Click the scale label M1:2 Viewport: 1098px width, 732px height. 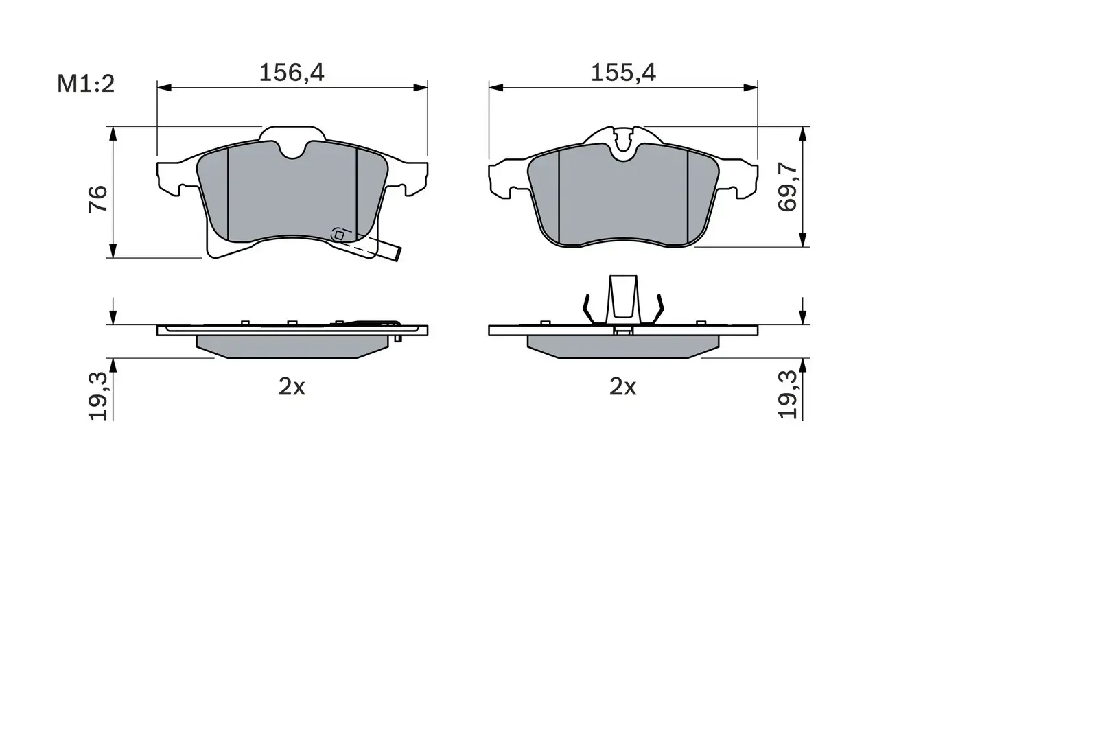click(85, 84)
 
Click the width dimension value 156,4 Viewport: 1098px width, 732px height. click(291, 72)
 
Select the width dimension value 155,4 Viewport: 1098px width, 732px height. click(623, 72)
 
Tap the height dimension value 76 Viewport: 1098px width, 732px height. click(99, 198)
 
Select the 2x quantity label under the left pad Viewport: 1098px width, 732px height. click(292, 388)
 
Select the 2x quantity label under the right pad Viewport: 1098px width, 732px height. click(623, 388)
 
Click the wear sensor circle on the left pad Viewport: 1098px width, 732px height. click(338, 235)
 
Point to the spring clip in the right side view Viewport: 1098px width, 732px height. click(623, 298)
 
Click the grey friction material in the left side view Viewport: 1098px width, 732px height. click(292, 346)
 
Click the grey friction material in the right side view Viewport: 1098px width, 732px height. click(623, 346)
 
